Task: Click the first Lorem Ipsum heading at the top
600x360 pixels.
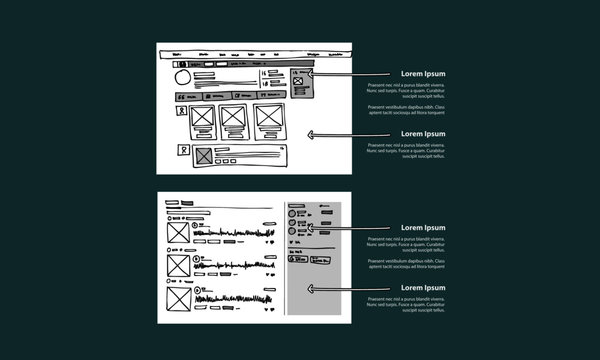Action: (423, 74)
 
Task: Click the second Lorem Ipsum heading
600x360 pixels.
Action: (423, 134)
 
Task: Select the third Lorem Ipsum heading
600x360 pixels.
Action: (423, 228)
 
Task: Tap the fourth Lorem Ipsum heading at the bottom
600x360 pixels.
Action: (423, 288)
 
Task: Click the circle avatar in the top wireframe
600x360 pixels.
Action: (183, 78)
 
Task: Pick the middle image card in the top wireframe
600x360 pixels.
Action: (234, 117)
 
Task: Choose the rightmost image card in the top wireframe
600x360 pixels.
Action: (268, 117)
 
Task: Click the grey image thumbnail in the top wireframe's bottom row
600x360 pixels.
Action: (205, 155)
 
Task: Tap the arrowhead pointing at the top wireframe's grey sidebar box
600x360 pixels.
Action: (313, 74)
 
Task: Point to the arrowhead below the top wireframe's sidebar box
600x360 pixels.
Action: (315, 134)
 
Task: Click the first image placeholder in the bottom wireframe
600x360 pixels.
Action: (178, 232)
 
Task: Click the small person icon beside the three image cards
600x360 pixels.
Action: (182, 112)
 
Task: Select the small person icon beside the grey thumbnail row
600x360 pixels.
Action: (182, 151)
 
